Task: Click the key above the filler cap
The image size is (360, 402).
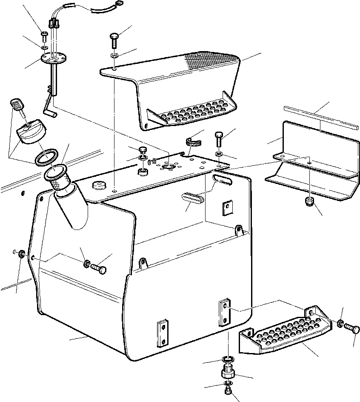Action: [x=16, y=105]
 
